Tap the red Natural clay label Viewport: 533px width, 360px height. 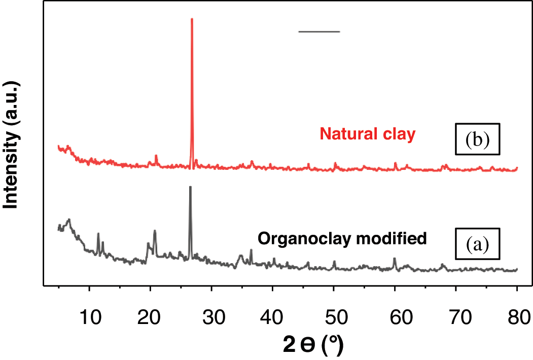368,134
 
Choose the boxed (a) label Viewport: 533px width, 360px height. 477,245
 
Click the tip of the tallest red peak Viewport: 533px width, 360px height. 192,19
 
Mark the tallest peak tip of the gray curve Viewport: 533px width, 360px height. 190,187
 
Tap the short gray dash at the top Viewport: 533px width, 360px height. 319,31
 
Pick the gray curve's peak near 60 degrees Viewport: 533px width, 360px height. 395,259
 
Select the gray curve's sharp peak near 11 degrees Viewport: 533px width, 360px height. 98,234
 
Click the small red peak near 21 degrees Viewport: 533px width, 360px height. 156,156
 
